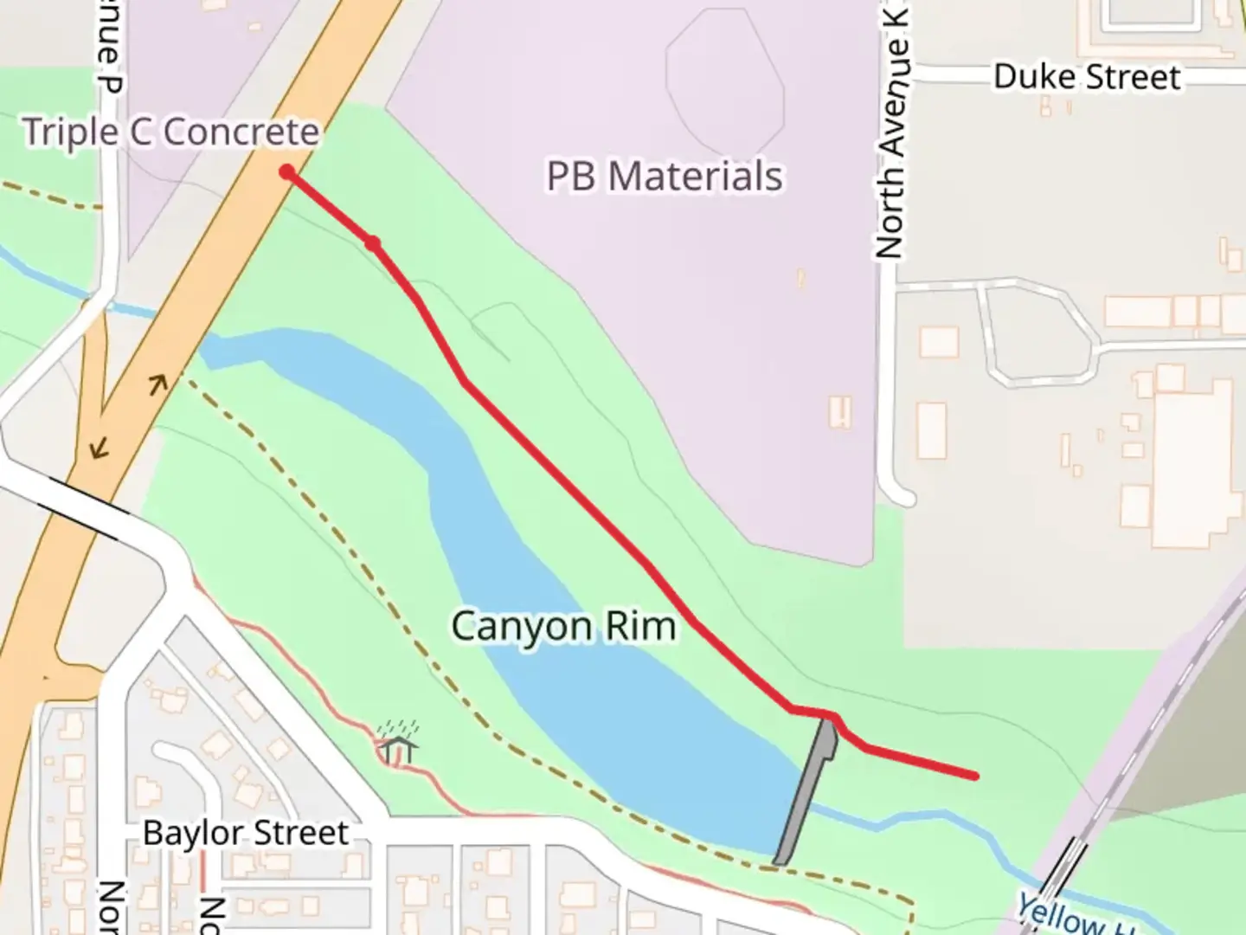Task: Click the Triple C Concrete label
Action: tap(170, 132)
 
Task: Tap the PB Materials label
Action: tap(664, 176)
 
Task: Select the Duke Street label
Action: tap(1086, 77)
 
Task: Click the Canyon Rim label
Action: tap(563, 625)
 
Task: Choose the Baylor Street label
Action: tap(246, 833)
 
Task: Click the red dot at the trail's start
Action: tap(286, 172)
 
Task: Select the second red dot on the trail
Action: tap(372, 244)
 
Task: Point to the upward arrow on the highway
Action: tap(157, 384)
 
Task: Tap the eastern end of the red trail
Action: tap(975, 776)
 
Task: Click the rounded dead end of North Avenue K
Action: tap(901, 496)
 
